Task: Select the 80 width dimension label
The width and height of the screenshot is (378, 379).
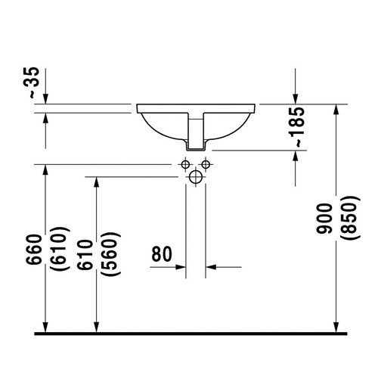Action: [163, 253]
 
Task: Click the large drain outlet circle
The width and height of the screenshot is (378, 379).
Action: [195, 178]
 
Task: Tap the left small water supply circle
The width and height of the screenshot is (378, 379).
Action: [184, 164]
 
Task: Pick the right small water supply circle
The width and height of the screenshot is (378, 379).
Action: [205, 164]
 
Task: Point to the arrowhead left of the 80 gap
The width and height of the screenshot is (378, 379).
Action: [181, 266]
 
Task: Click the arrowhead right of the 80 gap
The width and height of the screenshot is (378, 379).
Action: [211, 266]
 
